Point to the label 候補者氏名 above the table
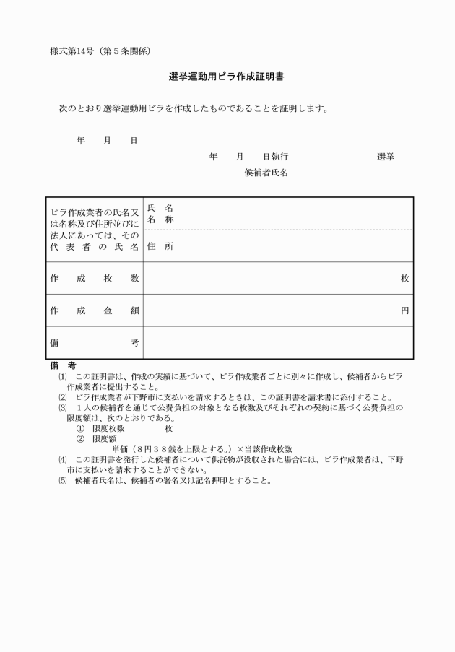click(266, 173)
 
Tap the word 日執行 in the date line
click(275, 156)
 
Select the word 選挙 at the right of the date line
click(386, 156)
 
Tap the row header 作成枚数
click(95, 279)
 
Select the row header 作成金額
click(95, 310)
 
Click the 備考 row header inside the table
click(95, 343)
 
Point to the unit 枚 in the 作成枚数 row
click(405, 279)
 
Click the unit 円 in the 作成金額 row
click(405, 310)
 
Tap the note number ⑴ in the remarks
click(63, 377)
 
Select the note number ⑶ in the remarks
click(63, 408)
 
